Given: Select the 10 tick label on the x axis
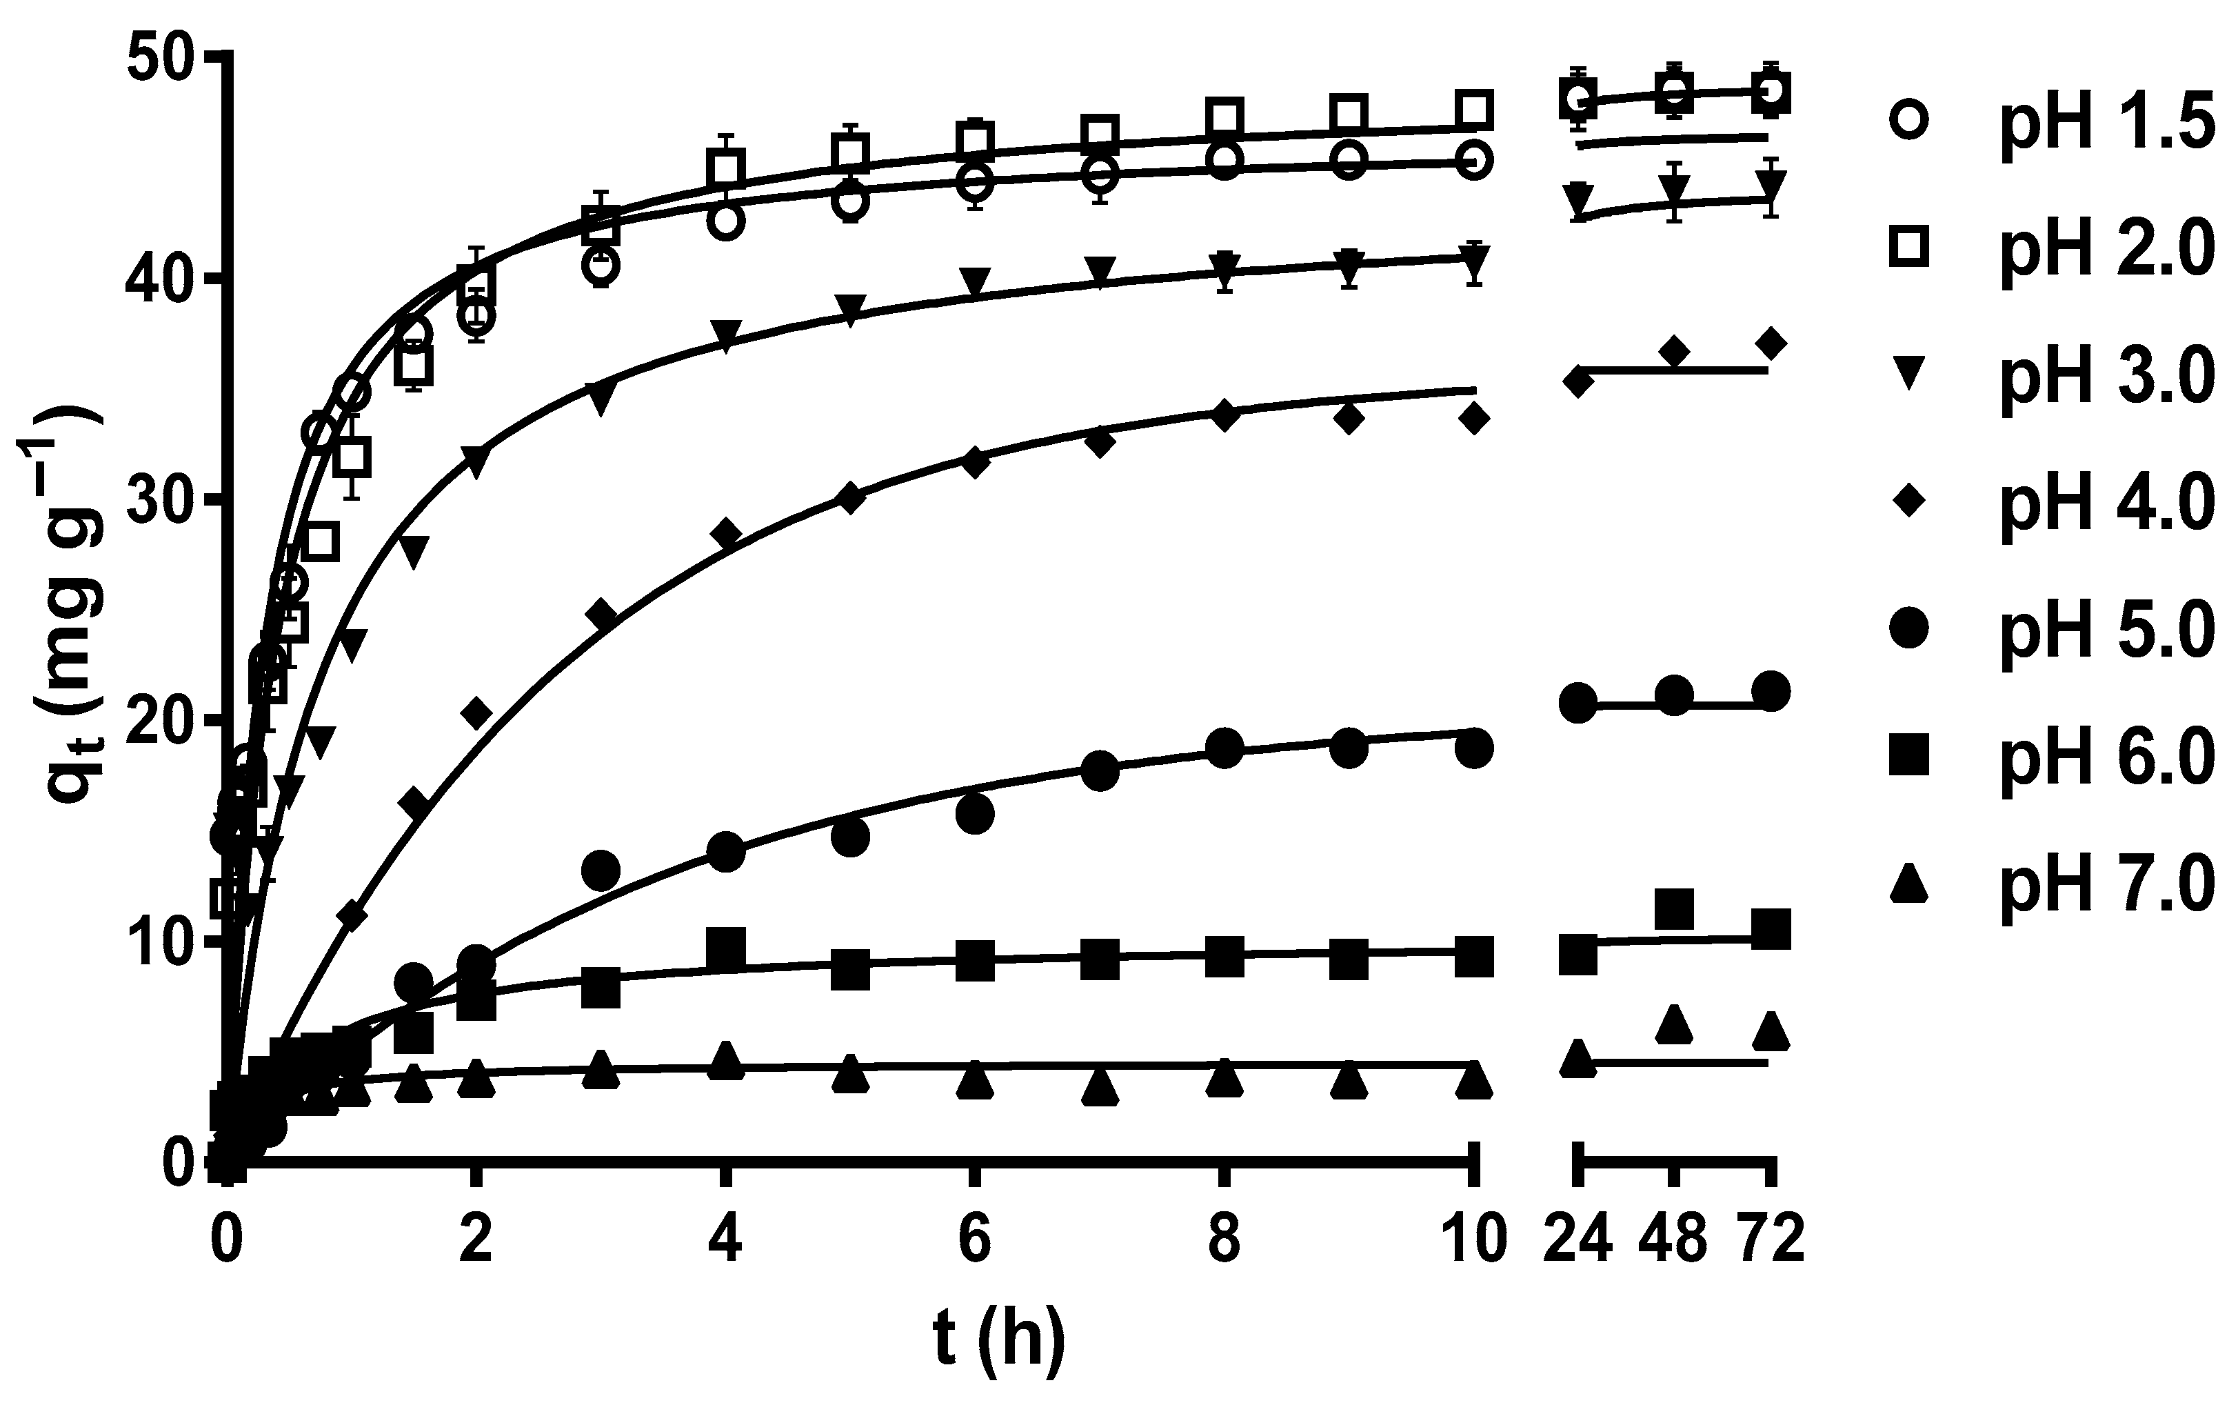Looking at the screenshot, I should pos(1472,1240).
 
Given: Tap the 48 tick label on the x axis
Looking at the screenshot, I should pos(1673,1240).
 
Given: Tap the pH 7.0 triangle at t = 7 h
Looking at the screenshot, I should pos(1100,1087).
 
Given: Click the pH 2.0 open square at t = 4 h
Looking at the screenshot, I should pos(726,168).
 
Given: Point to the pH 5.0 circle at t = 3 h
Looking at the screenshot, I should pos(601,870).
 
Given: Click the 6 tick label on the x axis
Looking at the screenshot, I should pos(974,1240).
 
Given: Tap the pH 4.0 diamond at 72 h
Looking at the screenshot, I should pos(1771,343).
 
